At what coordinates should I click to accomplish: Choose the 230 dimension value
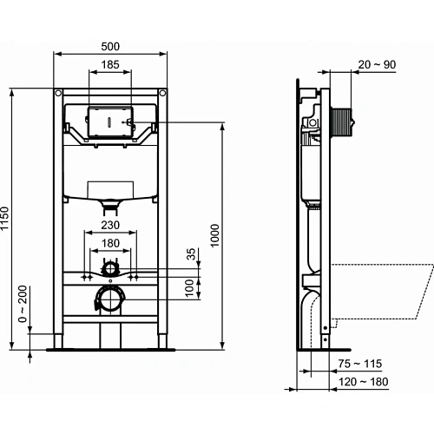point(109,223)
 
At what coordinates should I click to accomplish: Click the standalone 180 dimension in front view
point(109,244)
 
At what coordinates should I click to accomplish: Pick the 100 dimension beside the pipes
point(192,286)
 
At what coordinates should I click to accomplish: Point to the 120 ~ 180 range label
point(365,381)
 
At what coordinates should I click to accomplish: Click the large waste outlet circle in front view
point(109,298)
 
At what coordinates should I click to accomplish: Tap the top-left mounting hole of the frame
point(58,92)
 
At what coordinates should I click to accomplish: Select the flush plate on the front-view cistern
point(109,122)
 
